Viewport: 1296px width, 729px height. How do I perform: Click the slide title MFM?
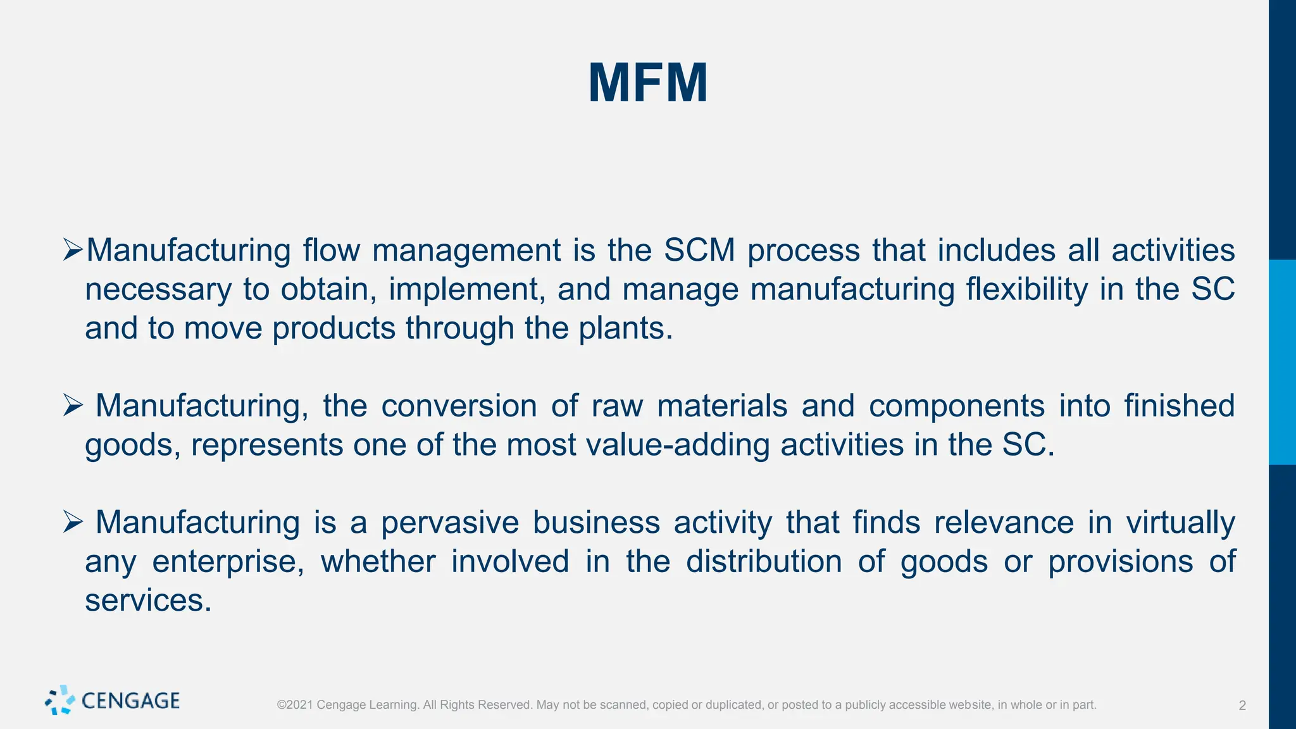pos(648,83)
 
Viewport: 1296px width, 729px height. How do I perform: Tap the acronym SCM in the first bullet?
pos(699,250)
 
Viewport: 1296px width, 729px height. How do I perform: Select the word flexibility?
pos(1027,289)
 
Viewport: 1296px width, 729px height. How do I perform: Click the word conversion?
pos(459,406)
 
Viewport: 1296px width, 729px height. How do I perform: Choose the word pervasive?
pos(449,523)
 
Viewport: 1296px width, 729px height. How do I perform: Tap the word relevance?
pos(1004,523)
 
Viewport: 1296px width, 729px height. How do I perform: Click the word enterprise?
pos(228,562)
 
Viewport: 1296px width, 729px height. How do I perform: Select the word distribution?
pos(764,562)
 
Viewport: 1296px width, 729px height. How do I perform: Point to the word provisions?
pos(1120,562)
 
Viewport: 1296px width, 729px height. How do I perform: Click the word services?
pos(148,601)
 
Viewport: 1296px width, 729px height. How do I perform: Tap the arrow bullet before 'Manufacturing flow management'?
pos(73,250)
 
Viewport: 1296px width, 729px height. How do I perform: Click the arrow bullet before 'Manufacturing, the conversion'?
pos(73,406)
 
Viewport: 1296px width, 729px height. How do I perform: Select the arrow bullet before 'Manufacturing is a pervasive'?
pos(73,523)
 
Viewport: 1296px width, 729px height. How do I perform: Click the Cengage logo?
pos(113,701)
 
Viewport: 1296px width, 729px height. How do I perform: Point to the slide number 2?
pos(1242,706)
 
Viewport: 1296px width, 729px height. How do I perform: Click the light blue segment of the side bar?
pos(1282,362)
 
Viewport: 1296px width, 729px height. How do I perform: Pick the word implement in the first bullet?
pos(467,289)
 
